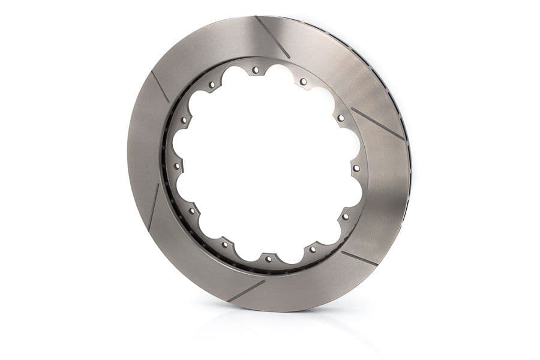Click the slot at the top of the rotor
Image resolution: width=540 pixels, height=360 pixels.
click(x=272, y=37)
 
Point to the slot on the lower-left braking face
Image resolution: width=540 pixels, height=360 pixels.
click(x=153, y=208)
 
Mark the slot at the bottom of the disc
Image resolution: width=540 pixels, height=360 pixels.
click(x=246, y=291)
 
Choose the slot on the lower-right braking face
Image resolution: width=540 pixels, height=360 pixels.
click(x=359, y=258)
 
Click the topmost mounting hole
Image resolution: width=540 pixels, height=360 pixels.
click(x=256, y=70)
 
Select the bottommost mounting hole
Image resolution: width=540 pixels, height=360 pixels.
click(x=268, y=259)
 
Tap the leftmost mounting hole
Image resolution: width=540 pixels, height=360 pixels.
click(x=176, y=165)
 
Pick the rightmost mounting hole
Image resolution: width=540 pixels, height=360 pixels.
click(x=356, y=169)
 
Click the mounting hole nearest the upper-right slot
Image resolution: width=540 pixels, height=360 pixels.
click(x=341, y=118)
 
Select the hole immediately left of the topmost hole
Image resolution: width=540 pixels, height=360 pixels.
click(x=211, y=85)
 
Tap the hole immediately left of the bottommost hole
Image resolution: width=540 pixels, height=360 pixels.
click(x=225, y=244)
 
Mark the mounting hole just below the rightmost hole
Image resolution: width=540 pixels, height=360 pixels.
click(x=346, y=216)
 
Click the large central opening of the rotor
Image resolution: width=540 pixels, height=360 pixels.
click(x=267, y=165)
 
